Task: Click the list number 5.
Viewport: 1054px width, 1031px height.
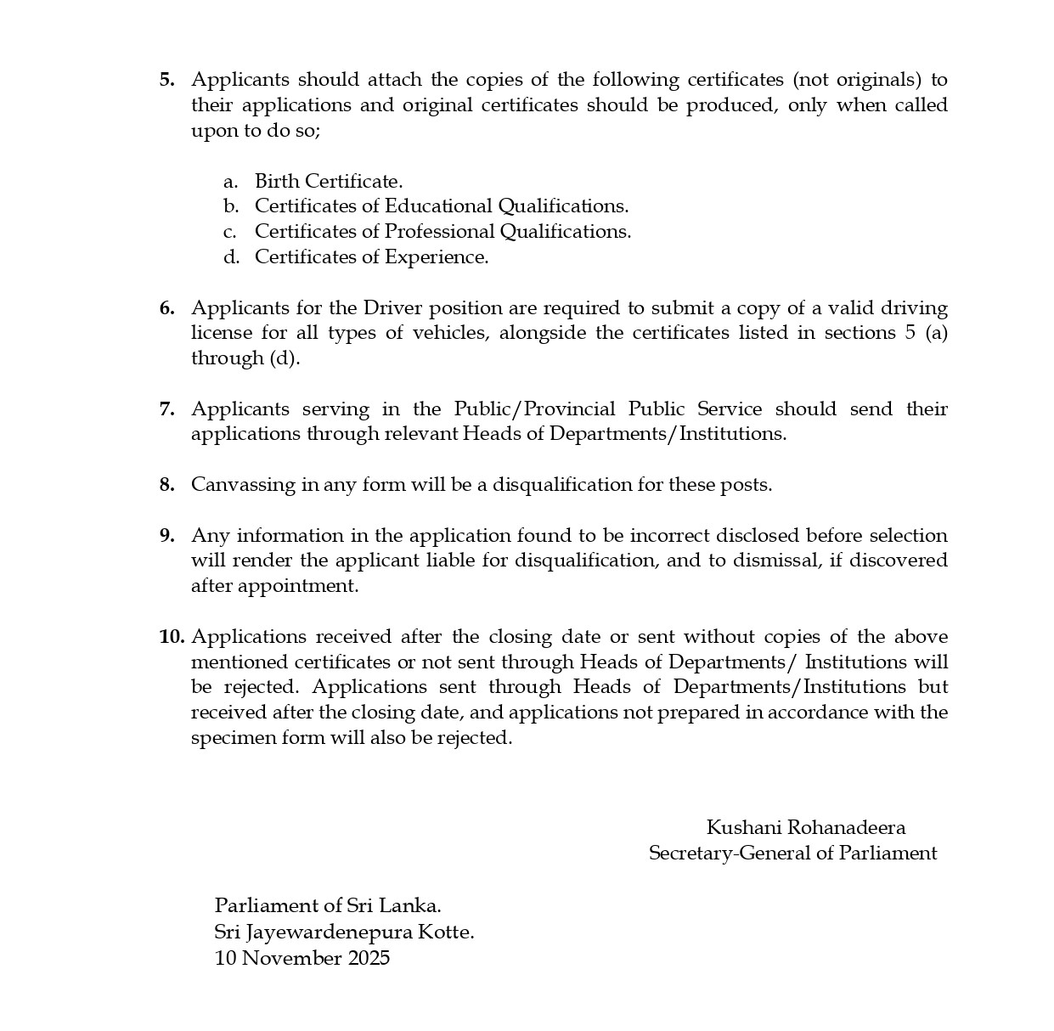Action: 166,80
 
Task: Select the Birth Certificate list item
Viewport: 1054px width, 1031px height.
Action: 328,181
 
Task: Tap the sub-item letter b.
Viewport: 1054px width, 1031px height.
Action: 231,206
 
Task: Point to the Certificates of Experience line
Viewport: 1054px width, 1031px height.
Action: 371,257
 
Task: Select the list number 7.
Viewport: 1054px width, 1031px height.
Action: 166,408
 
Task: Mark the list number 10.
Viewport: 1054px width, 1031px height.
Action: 171,637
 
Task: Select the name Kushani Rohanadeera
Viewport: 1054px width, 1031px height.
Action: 805,828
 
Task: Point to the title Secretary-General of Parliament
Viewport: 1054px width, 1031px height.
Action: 792,854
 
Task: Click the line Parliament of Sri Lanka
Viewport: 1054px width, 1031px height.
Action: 328,905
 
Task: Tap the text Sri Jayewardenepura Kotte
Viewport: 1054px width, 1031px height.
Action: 344,932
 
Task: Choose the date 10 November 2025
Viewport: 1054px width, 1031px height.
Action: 302,958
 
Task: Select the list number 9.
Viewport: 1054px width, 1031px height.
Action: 166,535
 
